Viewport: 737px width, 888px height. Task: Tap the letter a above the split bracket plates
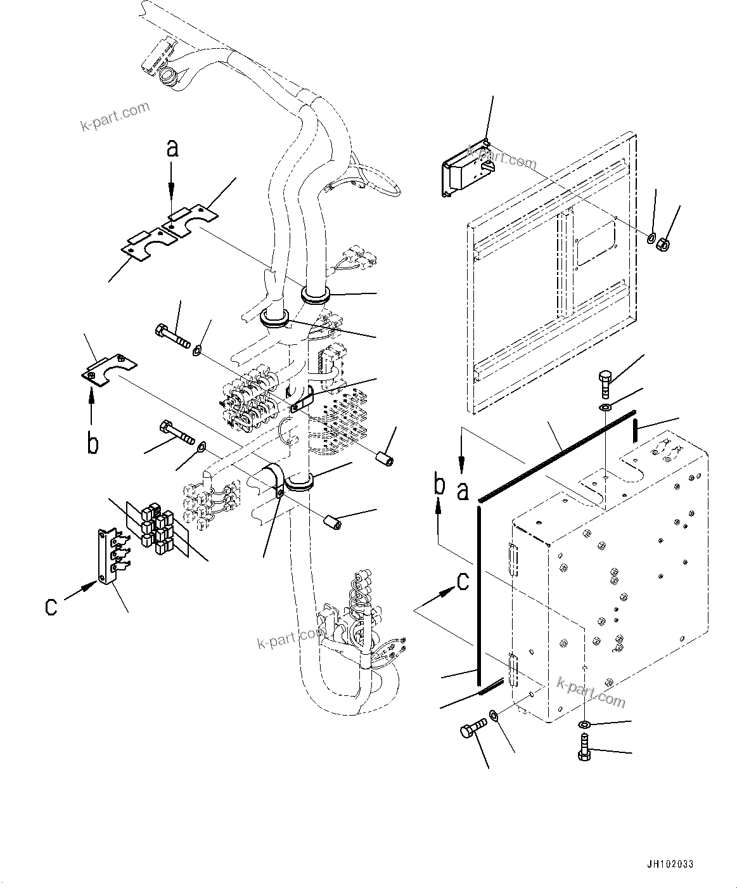pyautogui.click(x=172, y=148)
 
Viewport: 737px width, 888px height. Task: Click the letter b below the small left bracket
pyautogui.click(x=93, y=444)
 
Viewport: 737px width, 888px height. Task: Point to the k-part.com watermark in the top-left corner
pyautogui.click(x=115, y=116)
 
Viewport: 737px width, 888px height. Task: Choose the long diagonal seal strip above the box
pyautogui.click(x=557, y=454)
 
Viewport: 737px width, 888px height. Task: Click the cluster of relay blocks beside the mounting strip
pyautogui.click(x=156, y=525)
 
